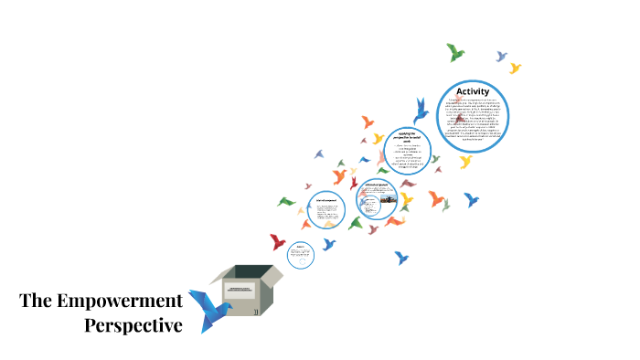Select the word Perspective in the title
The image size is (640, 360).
coord(133,324)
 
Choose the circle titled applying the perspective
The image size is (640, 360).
coord(407,150)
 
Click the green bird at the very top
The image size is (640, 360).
coord(455,52)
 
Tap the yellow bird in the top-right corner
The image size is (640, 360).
coord(515,68)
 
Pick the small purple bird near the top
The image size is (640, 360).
coord(501,57)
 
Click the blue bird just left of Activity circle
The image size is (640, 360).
coord(421,111)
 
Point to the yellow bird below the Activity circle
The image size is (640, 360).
coord(465,162)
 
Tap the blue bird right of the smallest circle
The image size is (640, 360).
coord(329,244)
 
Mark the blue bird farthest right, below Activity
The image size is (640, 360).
coord(472,198)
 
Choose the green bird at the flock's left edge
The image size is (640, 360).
coord(286,201)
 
